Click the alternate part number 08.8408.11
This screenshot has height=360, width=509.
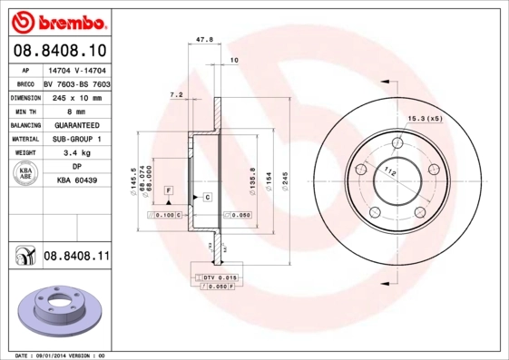tap(76, 257)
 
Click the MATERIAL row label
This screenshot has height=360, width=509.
tap(24, 140)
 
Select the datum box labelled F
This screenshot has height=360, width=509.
tap(168, 189)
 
